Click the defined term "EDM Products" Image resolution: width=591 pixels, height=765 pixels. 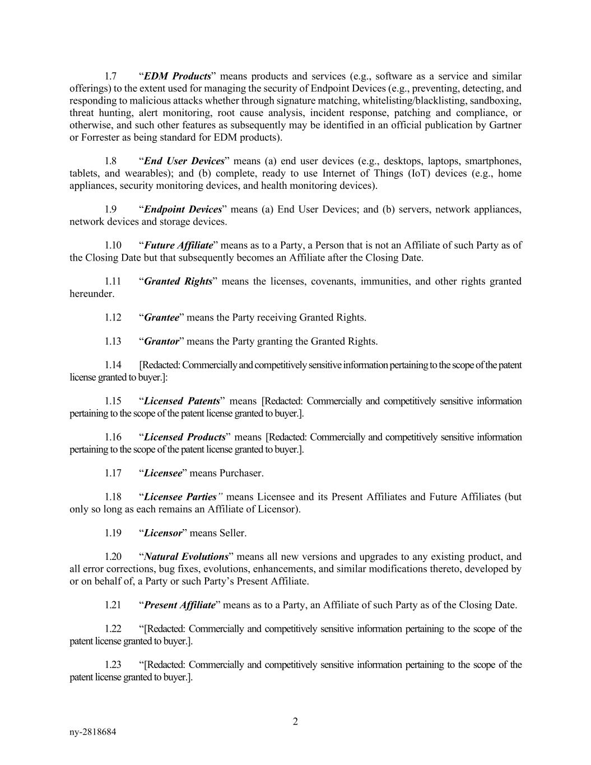pos(177,76)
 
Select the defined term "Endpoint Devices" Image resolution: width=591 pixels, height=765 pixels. pos(183,209)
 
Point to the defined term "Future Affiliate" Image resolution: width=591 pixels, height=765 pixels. pos(178,245)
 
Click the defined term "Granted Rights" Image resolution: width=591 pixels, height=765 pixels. pos(178,281)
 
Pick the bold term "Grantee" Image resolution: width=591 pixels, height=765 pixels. pos(162,318)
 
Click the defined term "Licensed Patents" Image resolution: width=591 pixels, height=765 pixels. pos(182,401)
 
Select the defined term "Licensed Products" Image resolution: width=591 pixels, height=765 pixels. pos(184,437)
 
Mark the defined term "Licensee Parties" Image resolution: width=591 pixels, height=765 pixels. pos(180,497)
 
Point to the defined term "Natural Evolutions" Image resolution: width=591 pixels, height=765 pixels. pos(186,557)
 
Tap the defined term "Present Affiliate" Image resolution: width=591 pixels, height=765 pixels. pos(179,605)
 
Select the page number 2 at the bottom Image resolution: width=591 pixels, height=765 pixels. pos(295,721)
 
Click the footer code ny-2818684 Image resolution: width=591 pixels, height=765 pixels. pos(93,732)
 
